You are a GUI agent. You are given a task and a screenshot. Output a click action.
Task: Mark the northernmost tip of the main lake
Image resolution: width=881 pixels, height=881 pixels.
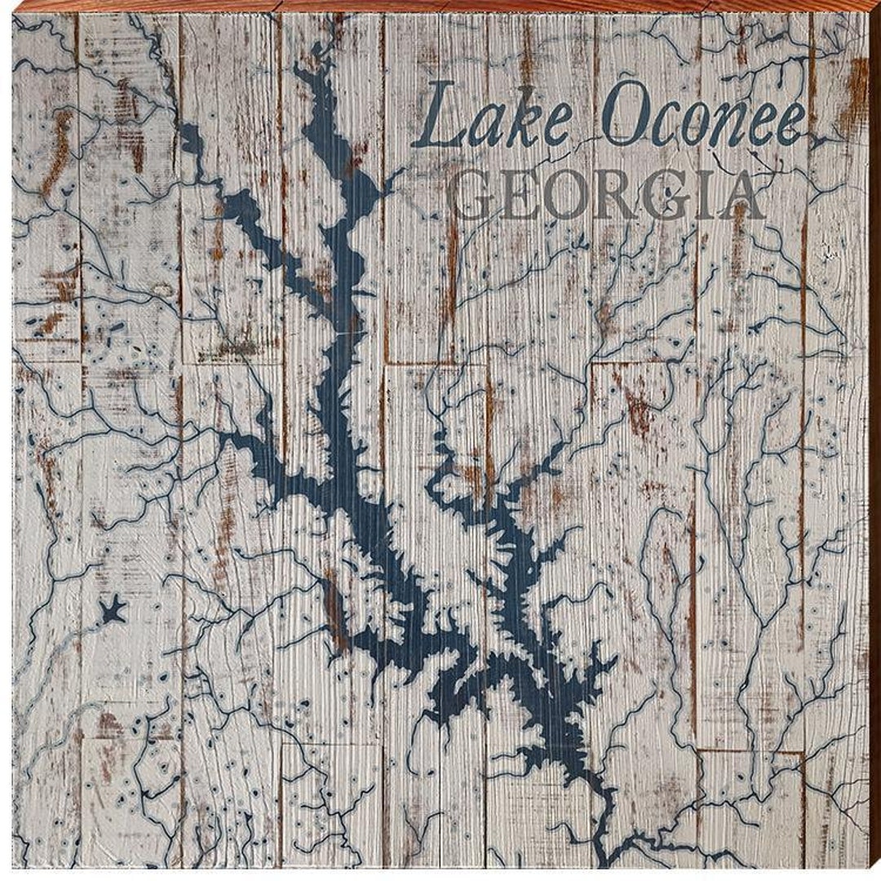tap(303, 72)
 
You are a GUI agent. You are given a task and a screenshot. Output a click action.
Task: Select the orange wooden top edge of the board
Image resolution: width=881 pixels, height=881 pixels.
tap(440, 7)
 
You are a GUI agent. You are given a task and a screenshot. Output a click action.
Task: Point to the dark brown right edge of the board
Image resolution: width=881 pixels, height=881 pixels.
tap(874, 440)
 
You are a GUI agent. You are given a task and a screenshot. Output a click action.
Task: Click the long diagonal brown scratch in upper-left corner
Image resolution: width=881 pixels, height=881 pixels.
tap(59, 151)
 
